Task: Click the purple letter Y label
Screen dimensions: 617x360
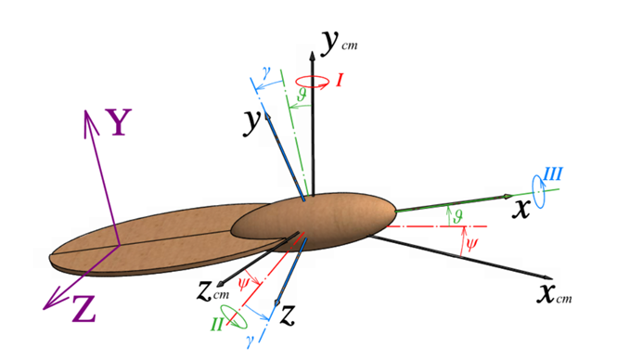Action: click(x=117, y=122)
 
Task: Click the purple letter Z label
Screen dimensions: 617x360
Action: click(x=84, y=309)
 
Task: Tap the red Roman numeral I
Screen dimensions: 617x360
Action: click(x=341, y=81)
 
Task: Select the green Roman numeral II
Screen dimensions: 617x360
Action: click(x=217, y=324)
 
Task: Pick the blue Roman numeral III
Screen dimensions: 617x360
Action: click(x=553, y=174)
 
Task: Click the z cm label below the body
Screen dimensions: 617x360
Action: click(x=212, y=291)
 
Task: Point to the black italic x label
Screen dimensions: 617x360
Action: click(x=521, y=209)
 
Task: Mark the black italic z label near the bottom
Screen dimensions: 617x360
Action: click(x=288, y=315)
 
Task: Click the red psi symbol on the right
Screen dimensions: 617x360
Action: click(x=471, y=244)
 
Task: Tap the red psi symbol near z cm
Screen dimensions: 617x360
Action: click(x=244, y=284)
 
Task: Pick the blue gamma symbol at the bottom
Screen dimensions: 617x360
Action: click(x=250, y=341)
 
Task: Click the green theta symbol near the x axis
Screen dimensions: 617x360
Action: click(x=457, y=216)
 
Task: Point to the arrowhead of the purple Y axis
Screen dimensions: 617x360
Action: click(x=86, y=110)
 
